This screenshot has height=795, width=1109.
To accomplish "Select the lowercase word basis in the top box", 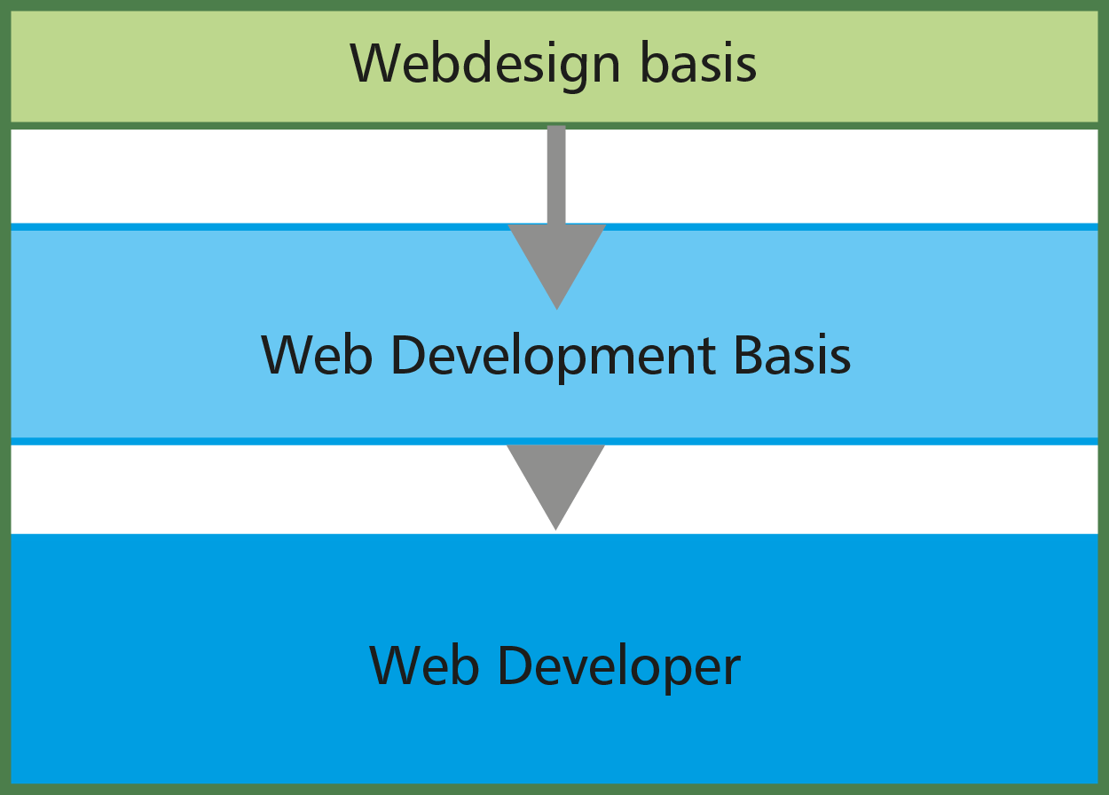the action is tap(698, 62).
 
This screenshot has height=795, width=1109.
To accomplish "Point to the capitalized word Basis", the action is tap(792, 354).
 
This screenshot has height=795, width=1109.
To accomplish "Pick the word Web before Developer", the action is tap(424, 665).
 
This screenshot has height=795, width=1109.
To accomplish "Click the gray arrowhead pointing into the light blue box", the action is tap(557, 267).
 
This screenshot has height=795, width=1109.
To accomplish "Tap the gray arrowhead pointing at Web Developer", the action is tap(555, 487).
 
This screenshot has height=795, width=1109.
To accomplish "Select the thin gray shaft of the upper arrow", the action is tap(556, 175).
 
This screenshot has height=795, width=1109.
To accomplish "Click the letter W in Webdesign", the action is tap(376, 62).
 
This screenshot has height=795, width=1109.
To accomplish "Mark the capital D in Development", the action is tap(408, 355).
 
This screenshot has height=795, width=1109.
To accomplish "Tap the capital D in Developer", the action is tap(515, 665).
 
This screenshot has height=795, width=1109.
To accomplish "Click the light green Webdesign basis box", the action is tap(554, 67).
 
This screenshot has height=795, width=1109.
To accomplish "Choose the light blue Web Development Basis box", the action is tap(554, 335).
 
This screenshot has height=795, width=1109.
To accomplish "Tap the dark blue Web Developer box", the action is tap(554, 659).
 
